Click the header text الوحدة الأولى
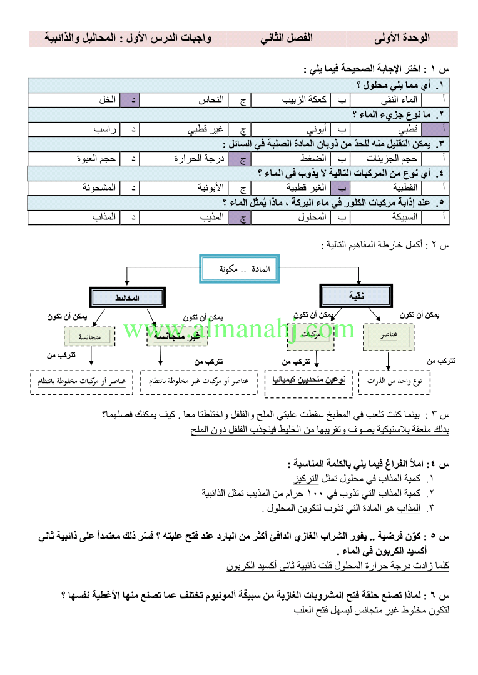pyautogui.click(x=407, y=38)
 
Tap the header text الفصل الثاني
pyautogui.click(x=287, y=38)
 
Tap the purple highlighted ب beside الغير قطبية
pyautogui.click(x=342, y=187)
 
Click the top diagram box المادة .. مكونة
pyautogui.click(x=240, y=269)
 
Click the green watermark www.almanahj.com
pyautogui.click(x=239, y=329)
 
